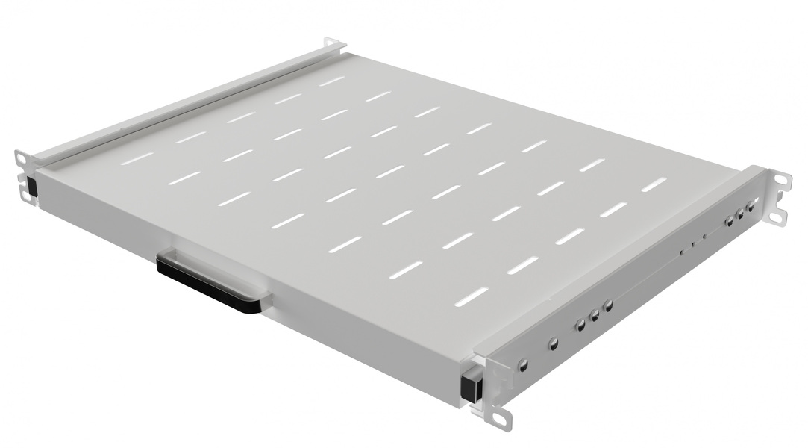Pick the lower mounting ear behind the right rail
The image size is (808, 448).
point(777,216)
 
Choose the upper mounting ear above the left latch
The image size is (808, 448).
point(22,159)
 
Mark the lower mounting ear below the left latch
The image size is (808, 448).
point(25,196)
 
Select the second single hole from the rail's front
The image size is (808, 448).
point(553,344)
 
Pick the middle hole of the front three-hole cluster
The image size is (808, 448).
point(595,316)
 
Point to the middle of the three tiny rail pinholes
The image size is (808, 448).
point(692,243)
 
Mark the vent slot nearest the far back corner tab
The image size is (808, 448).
point(332,80)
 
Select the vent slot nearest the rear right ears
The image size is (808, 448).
point(654,184)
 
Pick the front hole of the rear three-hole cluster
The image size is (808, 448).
point(729,221)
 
